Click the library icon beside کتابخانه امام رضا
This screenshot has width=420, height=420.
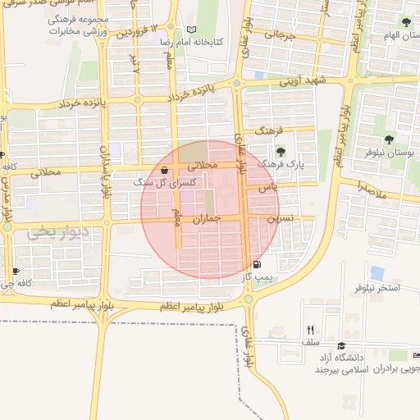pos(191,30)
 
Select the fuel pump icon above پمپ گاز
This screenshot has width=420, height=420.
pos(259,265)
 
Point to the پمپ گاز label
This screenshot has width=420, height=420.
pos(257,278)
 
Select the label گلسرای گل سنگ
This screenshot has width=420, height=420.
pos(159,183)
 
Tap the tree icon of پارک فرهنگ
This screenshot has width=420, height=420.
pos(281,152)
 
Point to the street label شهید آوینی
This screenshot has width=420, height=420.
pos(304,80)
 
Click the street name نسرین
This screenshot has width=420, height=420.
pos(280,219)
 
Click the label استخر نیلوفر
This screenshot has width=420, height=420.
pos(377,288)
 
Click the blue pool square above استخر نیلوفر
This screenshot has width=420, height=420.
pos(377,272)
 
